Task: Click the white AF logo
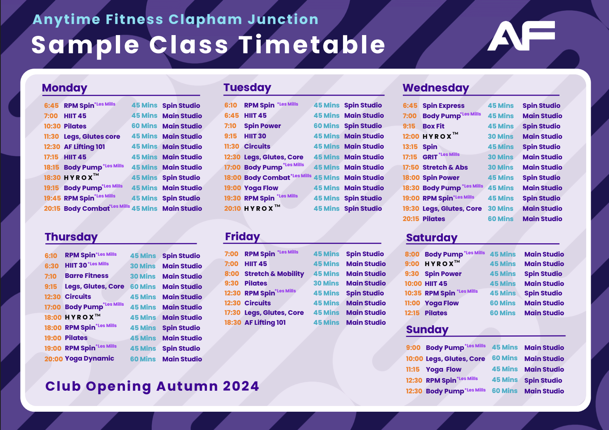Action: point(521,35)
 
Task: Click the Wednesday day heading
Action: point(436,88)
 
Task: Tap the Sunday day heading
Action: point(427,330)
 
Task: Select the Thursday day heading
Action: point(71,237)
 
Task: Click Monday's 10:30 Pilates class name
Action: point(75,126)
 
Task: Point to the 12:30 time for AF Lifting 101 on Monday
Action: point(52,147)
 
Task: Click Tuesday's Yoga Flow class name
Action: point(261,188)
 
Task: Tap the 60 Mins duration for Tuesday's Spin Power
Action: point(326,126)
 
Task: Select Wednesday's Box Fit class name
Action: point(433,126)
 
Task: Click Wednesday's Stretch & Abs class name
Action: point(445,167)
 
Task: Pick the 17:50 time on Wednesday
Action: point(411,167)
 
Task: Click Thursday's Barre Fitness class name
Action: point(87,276)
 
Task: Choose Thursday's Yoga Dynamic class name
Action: point(90,359)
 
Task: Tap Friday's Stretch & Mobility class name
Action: point(274,274)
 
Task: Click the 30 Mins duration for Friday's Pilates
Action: point(326,283)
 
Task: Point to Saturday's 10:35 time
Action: point(413,294)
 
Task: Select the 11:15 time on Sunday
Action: point(413,370)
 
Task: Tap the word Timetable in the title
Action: point(312,45)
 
